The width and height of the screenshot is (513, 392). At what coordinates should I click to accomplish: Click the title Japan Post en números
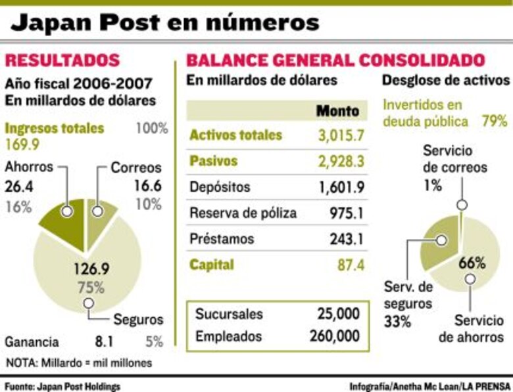(164, 24)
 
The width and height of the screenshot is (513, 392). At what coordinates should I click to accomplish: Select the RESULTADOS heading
(62, 60)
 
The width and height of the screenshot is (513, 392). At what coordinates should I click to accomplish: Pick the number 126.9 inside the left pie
(92, 269)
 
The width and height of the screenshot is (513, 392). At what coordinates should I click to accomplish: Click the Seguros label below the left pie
(137, 320)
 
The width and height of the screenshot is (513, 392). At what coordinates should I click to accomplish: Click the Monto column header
(337, 110)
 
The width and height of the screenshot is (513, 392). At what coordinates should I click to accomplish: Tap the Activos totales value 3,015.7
(340, 136)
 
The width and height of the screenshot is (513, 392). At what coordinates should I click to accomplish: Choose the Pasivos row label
(213, 161)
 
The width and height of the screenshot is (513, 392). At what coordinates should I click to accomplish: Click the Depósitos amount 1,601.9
(341, 187)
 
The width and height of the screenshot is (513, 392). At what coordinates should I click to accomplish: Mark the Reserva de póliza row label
(243, 213)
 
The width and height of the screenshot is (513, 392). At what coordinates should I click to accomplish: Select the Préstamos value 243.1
(346, 239)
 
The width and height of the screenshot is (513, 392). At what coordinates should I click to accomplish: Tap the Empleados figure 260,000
(334, 336)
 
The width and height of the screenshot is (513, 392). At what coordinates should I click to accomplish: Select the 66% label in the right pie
(472, 264)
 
